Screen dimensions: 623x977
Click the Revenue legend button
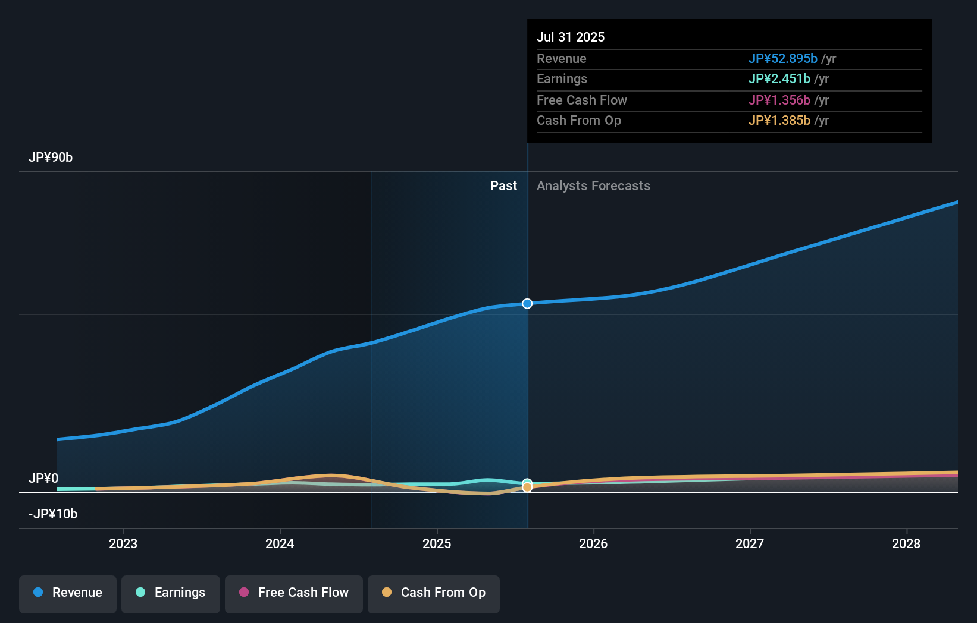pos(68,593)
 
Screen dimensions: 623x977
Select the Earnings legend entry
pos(171,593)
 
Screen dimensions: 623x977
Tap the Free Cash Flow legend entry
pos(294,593)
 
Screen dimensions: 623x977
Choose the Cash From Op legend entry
pos(434,593)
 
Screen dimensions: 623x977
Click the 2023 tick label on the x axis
pos(123,544)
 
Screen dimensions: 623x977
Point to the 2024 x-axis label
pos(280,544)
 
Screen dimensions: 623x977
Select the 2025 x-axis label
pos(437,544)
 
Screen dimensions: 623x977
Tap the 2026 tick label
pos(593,544)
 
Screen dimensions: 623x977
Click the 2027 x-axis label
pos(750,544)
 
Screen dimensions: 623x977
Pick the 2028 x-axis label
pos(906,544)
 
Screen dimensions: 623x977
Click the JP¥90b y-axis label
pos(51,158)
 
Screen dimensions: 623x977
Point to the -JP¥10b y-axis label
pos(53,514)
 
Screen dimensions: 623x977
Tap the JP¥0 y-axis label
pos(43,479)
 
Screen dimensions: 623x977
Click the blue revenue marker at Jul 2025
pos(527,304)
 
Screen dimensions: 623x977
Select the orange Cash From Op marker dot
pos(527,487)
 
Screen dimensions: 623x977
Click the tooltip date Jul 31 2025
pos(571,37)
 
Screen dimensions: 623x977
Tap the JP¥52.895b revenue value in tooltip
pos(782,59)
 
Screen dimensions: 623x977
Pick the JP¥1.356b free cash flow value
pos(779,100)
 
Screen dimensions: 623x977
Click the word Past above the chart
pos(503,186)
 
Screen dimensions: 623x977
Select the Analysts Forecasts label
pos(593,186)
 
